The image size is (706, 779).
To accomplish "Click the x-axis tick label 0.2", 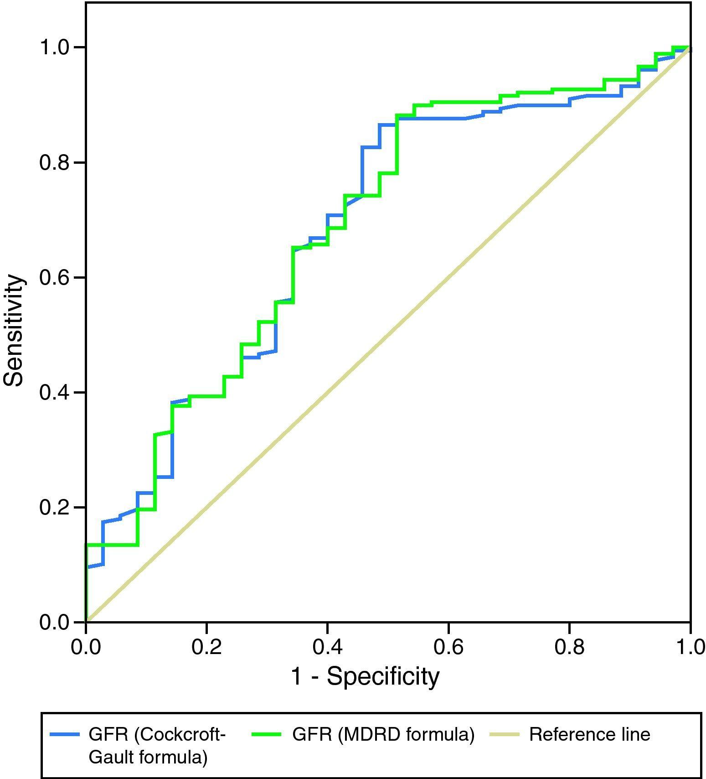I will coord(206,647).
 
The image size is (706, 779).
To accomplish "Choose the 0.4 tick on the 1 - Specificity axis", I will coord(327,647).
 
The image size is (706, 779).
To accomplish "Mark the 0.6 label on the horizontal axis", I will coord(448,647).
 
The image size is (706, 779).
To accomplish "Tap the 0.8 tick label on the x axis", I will coord(569,647).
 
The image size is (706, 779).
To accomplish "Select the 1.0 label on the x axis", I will coord(689,647).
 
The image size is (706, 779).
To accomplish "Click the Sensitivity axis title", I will coord(14,330).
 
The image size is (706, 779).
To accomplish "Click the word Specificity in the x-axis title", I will coord(383,677).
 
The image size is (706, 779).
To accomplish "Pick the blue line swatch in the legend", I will coord(64,734).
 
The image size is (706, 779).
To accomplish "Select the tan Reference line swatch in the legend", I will coord(504,734).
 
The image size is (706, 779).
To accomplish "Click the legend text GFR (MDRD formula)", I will coord(383,734).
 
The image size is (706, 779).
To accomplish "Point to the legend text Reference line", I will coord(589,734).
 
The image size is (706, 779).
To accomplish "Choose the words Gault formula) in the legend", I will coord(148,757).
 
